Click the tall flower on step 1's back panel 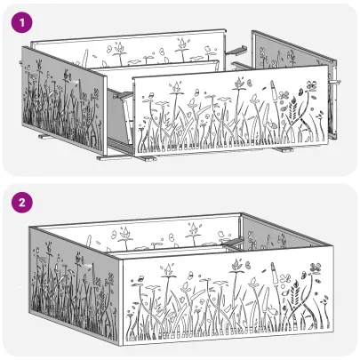tap(182, 44)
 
